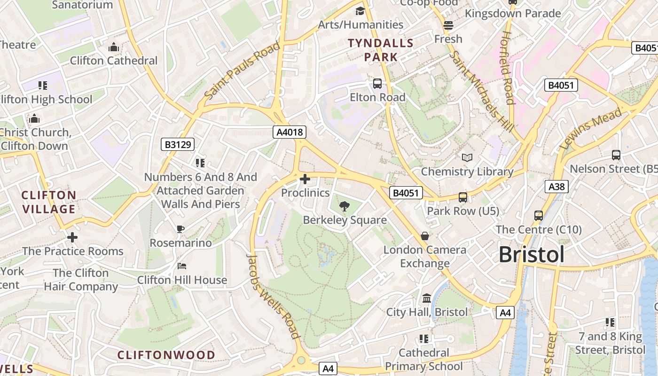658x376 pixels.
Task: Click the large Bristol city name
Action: [531, 255]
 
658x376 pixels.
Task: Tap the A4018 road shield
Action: [290, 132]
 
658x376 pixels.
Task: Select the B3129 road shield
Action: [178, 144]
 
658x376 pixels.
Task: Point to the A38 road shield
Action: [557, 187]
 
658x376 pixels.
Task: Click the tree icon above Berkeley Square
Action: [345, 205]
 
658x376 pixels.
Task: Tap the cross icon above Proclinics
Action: [305, 179]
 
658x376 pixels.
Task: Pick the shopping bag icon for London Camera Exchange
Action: [425, 235]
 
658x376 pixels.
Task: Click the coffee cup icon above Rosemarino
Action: [180, 229]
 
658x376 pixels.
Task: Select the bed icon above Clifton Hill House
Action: [182, 266]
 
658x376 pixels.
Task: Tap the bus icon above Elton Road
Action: [377, 84]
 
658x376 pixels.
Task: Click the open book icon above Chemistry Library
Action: [467, 157]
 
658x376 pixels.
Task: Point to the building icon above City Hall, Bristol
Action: [427, 298]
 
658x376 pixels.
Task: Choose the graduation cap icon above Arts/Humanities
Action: [360, 11]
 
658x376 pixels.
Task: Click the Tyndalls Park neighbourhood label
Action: [381, 50]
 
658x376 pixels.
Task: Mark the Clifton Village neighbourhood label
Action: [49, 202]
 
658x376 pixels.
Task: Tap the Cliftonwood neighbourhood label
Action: [166, 355]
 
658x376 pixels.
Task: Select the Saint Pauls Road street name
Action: [243, 70]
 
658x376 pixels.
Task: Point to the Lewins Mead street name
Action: [591, 128]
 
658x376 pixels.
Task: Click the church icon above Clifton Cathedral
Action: [113, 47]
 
